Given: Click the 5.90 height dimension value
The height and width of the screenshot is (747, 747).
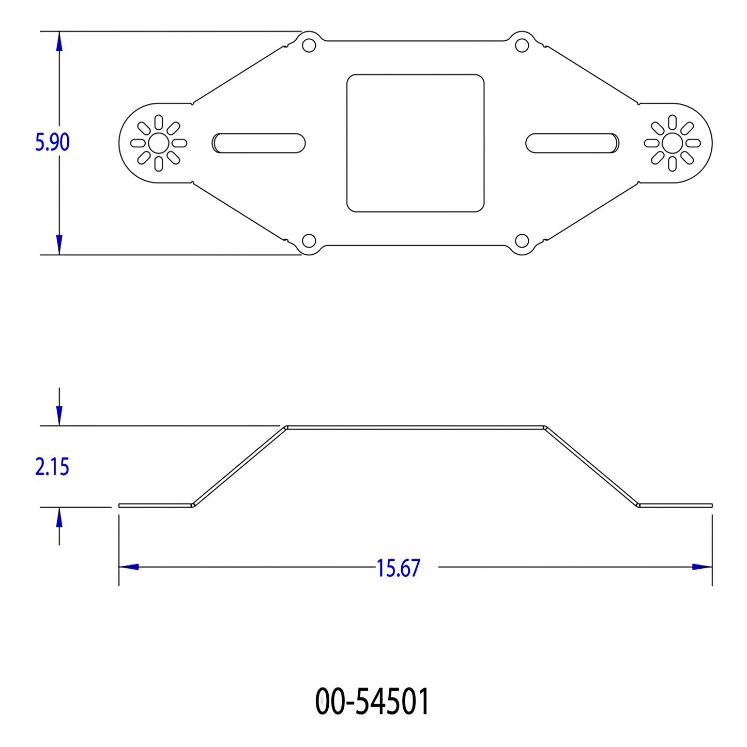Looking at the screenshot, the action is point(52,142).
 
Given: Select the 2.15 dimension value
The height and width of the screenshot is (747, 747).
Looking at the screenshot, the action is point(52,467).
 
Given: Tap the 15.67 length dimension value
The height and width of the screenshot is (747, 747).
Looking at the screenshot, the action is point(399,568).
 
